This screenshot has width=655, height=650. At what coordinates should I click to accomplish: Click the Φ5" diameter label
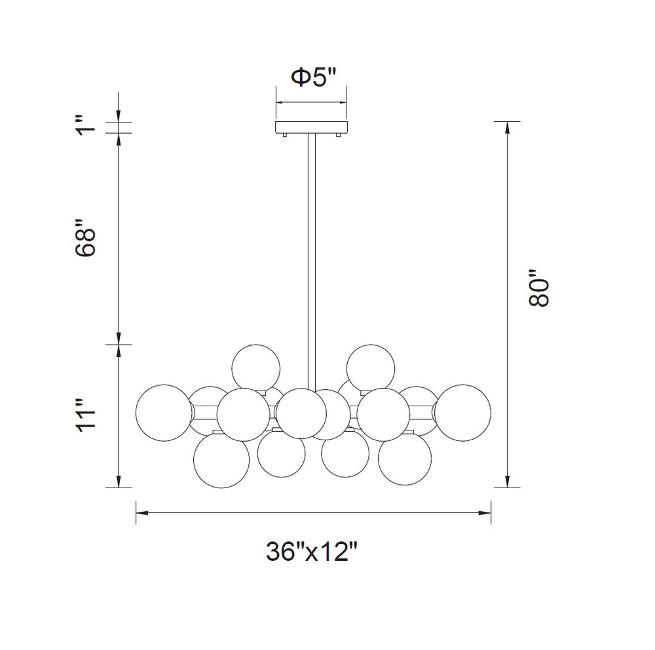pyautogui.click(x=312, y=78)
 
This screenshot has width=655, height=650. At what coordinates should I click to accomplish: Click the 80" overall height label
pyautogui.click(x=540, y=290)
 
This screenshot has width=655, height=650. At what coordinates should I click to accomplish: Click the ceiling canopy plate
pyautogui.click(x=312, y=127)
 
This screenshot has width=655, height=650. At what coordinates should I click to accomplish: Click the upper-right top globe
pyautogui.click(x=371, y=366)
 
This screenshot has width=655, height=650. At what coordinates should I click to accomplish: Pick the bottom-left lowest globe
pyautogui.click(x=222, y=461)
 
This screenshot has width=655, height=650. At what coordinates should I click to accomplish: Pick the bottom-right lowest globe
pyautogui.click(x=405, y=461)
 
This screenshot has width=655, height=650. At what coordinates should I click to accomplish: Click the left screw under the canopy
pyautogui.click(x=286, y=135)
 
